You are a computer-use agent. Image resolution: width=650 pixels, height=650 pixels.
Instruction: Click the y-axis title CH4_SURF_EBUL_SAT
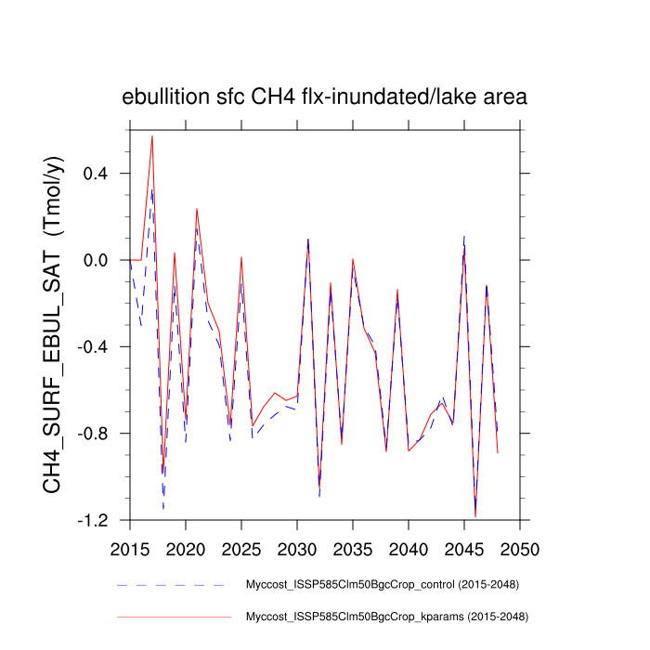[55, 324]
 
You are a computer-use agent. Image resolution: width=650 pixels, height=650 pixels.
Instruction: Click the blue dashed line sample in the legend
[172, 585]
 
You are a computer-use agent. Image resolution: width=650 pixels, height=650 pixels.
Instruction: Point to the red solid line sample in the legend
[172, 616]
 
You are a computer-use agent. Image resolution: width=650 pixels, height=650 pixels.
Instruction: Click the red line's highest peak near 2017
[152, 136]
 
